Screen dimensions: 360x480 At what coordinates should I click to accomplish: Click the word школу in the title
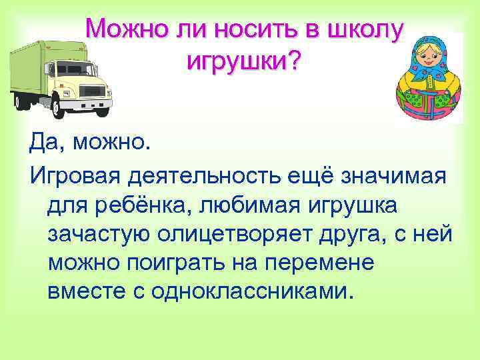pos(364,29)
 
